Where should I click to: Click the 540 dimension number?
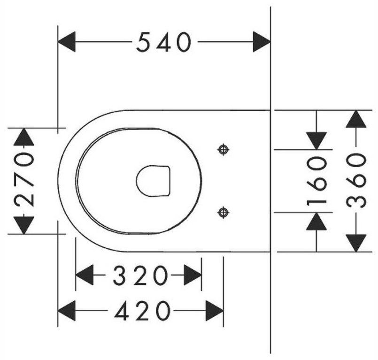(164, 42)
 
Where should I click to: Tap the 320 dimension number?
(140, 275)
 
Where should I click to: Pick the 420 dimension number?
(142, 311)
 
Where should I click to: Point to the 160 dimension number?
(316, 181)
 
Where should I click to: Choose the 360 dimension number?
(356, 181)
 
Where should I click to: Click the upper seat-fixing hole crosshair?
(223, 150)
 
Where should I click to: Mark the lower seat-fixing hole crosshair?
(223, 213)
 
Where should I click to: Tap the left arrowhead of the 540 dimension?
(67, 42)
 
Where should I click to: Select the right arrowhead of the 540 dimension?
(262, 42)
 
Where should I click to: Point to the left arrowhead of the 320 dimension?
(85, 275)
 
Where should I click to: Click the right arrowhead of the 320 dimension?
(193, 275)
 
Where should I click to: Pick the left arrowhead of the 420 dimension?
(67, 311)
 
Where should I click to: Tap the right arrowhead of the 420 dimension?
(215, 311)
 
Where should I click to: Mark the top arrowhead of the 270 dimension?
(23, 137)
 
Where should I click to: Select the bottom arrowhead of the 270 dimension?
(23, 225)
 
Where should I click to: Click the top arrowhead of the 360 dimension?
(356, 119)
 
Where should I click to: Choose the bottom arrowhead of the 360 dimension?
(356, 243)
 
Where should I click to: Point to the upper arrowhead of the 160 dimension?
(316, 141)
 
